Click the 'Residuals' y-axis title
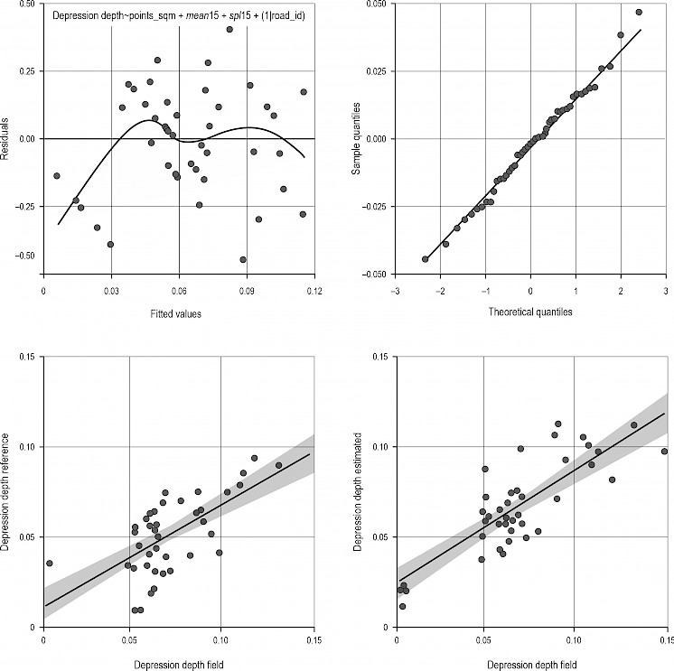point(6,138)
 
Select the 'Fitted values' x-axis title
point(178,314)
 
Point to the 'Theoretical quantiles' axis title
point(530,312)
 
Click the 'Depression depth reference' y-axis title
point(6,492)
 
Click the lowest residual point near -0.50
point(243,260)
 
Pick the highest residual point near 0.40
point(229,29)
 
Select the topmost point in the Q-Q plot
point(639,12)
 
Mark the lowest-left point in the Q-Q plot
point(425,259)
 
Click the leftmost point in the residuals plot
point(57,176)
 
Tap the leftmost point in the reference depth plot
point(50,563)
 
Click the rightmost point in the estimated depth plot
point(664,452)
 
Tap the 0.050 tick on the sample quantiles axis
point(373,5)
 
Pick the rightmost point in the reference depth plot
point(278,465)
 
